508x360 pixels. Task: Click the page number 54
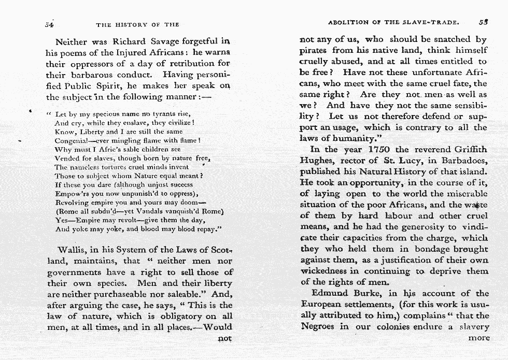(50, 23)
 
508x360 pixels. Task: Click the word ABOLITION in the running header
(347, 23)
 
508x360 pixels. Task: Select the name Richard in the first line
(128, 41)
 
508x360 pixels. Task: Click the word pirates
(316, 51)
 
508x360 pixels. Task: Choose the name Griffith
(469, 150)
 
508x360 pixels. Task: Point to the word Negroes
(318, 326)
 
